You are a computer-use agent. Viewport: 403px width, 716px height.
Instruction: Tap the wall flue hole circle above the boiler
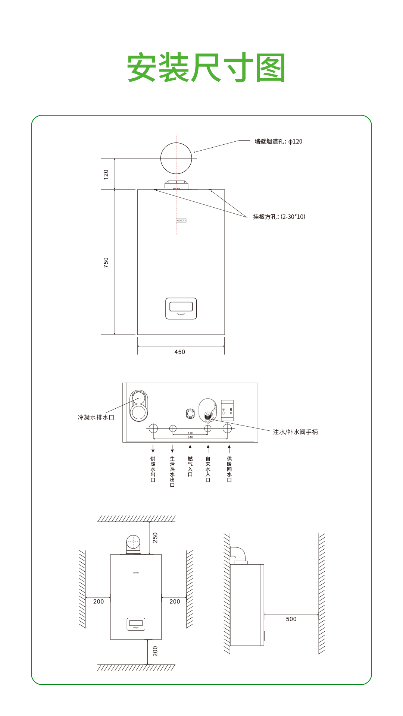176,158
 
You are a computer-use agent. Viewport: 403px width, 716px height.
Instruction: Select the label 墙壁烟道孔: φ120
278,141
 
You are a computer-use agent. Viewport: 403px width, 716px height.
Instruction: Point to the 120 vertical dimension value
106,174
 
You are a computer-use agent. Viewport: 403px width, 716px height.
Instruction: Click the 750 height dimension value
106,262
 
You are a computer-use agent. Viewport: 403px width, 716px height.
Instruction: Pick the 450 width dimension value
180,352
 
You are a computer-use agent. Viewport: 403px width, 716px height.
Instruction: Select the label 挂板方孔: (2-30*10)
279,217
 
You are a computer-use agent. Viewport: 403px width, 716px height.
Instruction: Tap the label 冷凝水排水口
96,417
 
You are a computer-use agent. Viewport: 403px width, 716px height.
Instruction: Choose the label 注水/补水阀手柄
296,432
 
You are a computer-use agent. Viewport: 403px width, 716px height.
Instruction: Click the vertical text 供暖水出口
153,469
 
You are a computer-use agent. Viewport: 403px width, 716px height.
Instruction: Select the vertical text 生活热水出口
172,471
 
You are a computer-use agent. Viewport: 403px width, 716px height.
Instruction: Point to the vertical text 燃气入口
190,467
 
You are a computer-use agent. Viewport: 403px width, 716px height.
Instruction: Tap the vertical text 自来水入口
208,469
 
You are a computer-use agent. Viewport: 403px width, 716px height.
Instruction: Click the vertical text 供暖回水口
229,469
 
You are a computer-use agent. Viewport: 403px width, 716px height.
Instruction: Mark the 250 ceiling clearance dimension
155,537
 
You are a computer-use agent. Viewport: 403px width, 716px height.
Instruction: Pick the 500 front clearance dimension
291,619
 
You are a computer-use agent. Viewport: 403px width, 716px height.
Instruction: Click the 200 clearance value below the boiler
155,651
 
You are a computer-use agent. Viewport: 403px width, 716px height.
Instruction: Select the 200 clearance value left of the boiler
99,602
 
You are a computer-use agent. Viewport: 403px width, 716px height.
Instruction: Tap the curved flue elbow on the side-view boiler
238,553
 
